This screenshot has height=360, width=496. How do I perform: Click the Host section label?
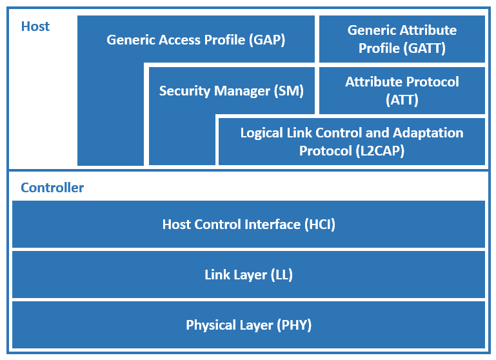coord(35,26)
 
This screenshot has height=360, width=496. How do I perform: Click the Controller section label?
coord(52,188)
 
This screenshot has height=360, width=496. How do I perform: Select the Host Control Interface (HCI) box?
coord(248,225)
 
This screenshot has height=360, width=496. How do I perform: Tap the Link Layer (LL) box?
coord(248,275)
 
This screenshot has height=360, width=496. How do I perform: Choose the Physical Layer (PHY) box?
coord(248,325)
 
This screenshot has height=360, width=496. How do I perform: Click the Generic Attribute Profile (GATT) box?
coord(402,39)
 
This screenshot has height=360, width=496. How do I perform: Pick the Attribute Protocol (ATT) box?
coord(402,90)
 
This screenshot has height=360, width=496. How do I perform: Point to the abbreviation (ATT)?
coord(402,100)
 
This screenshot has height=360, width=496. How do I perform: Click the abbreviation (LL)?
coord(282,275)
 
